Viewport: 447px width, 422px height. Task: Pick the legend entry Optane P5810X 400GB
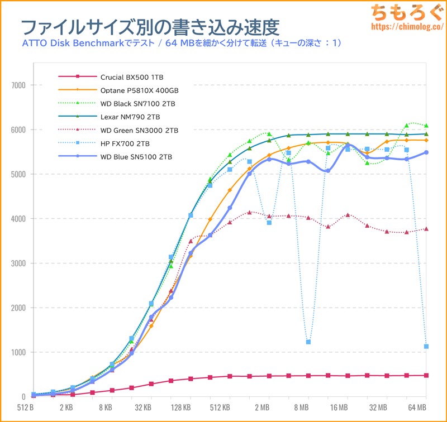click(139, 89)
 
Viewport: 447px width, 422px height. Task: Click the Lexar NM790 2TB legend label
click(130, 117)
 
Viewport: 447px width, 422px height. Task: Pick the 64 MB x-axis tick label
click(417, 407)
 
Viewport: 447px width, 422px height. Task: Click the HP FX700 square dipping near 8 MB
click(308, 342)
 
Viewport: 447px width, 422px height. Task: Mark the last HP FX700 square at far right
click(426, 347)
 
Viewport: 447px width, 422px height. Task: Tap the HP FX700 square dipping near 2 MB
click(269, 223)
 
